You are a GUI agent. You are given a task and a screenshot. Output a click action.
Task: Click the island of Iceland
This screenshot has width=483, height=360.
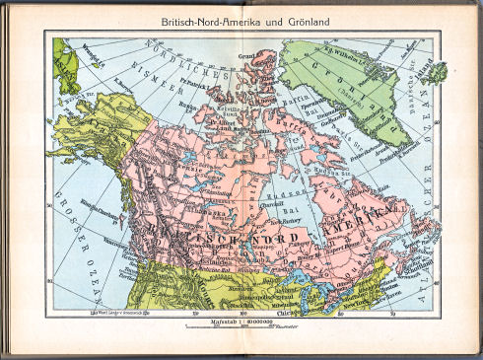click(437, 72)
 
